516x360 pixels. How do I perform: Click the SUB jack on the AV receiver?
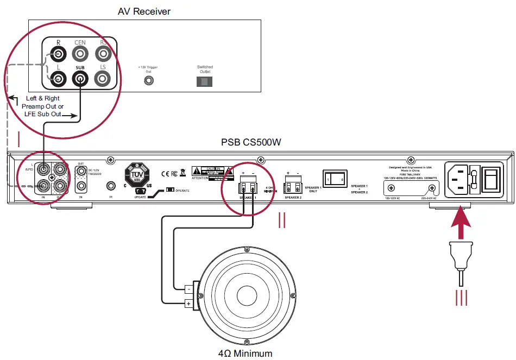click(x=80, y=79)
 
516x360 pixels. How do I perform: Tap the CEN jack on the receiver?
click(x=80, y=54)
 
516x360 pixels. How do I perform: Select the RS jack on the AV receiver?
click(x=103, y=54)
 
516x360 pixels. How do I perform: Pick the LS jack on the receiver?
click(x=103, y=79)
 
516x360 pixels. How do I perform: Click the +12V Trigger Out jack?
click(x=148, y=81)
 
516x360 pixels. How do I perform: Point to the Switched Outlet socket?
click(x=204, y=81)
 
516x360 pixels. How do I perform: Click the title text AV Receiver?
click(x=144, y=11)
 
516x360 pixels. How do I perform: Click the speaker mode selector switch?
click(x=335, y=178)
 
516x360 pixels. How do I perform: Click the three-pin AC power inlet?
click(x=460, y=179)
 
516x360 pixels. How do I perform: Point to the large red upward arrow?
click(x=460, y=224)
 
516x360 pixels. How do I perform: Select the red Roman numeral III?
click(x=461, y=298)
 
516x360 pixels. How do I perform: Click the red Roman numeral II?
click(x=282, y=220)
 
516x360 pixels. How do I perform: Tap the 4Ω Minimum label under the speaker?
click(x=245, y=353)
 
